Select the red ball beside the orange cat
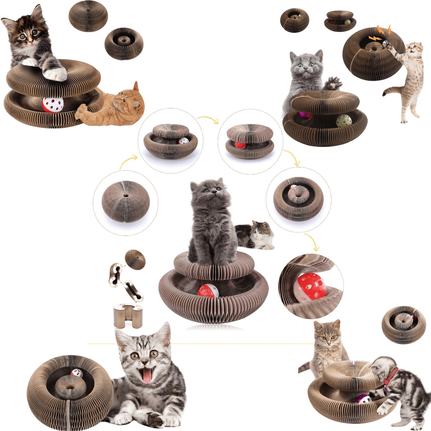coord(53,105)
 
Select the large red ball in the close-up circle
coord(310,287)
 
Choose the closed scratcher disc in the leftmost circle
coord(125,201)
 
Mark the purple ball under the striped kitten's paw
coord(363,399)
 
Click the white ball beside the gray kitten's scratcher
coord(344,120)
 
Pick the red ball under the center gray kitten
coord(208,290)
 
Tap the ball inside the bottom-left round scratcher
coord(77,373)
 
